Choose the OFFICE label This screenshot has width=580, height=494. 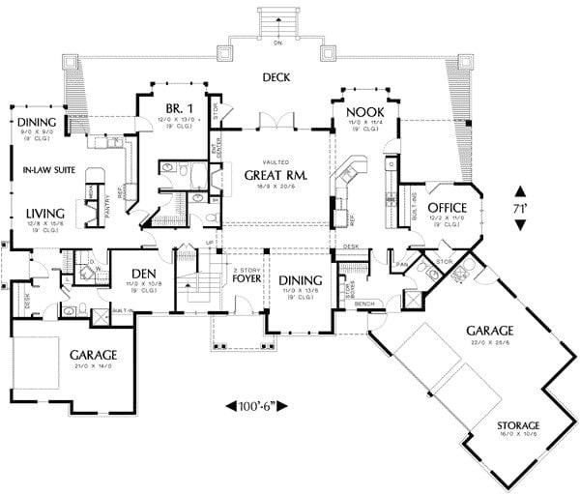coord(447,207)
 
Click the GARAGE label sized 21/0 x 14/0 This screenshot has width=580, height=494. coord(93,354)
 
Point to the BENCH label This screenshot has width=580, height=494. coord(364,304)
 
